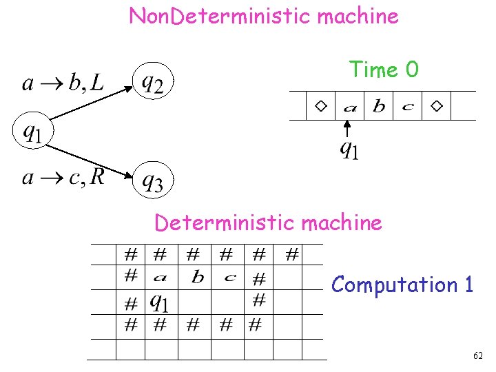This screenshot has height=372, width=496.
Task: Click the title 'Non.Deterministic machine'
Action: tap(264, 16)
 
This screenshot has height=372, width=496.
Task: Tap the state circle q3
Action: tap(153, 181)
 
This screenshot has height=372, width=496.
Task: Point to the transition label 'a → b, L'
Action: tap(63, 84)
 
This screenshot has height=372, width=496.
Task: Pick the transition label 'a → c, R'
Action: tap(63, 178)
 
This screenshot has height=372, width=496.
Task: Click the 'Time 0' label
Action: tap(384, 70)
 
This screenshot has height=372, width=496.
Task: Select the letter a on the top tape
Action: tap(349, 107)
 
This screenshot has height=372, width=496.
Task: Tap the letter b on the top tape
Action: tap(379, 106)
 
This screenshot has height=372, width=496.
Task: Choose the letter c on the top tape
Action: tap(408, 107)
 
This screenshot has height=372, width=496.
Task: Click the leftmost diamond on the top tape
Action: tap(320, 106)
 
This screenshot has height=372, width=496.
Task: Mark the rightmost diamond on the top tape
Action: tap(437, 106)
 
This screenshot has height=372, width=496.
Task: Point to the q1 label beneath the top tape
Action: tap(349, 149)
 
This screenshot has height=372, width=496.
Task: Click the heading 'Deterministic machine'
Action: tap(268, 223)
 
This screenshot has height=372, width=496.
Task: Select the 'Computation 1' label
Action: tap(402, 285)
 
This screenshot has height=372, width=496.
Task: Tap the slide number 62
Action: tap(478, 355)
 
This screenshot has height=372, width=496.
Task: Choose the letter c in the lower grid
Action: tap(230, 278)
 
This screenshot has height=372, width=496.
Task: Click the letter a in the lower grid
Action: tap(160, 278)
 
